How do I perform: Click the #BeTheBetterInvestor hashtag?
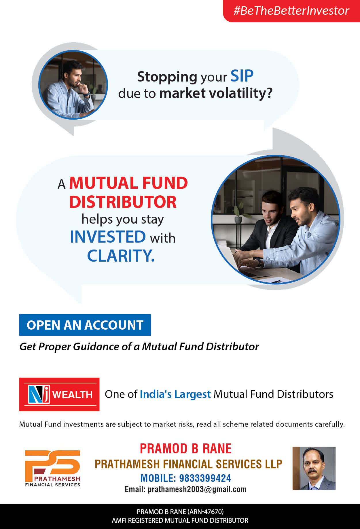291,11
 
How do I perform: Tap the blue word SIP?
242,76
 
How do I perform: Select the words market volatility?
216,93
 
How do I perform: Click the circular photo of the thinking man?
73,85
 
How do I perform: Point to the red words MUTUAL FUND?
128,183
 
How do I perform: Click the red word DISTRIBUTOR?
123,202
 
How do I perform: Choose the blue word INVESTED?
108,237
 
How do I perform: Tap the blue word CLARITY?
121,256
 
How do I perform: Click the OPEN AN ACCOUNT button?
85,325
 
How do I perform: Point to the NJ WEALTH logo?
59,394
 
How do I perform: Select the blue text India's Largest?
175,394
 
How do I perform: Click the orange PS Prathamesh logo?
53,468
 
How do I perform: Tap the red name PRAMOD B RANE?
186,449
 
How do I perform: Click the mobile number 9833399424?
205,478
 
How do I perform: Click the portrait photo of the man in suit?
314,468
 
